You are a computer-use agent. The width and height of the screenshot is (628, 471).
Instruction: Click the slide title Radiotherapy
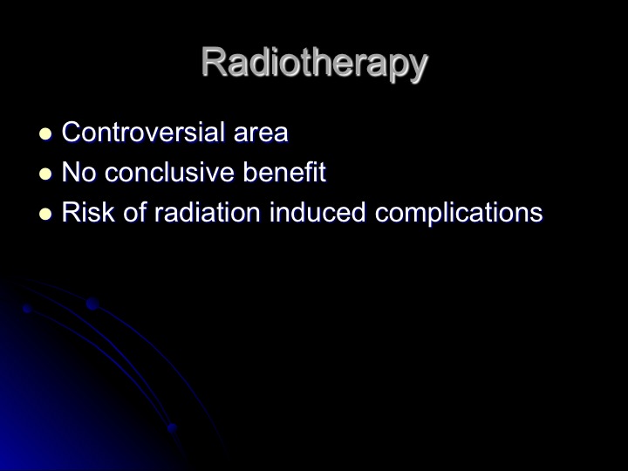point(315,64)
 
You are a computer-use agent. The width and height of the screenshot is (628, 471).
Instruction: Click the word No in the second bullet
point(78,172)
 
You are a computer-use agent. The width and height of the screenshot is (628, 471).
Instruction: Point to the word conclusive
point(169,172)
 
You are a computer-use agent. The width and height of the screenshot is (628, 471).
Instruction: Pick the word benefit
point(284,172)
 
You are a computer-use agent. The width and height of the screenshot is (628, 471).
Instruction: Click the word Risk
point(88,212)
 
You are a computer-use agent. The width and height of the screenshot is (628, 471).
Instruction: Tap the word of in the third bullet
point(134,211)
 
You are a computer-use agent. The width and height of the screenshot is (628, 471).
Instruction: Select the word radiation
point(208,212)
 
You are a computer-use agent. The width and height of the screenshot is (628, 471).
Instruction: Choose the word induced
point(317,212)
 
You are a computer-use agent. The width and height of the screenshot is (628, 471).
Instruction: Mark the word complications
point(459,213)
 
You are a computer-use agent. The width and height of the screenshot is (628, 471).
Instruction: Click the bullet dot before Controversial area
point(45,133)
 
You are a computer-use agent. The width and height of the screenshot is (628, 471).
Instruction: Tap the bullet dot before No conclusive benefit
point(45,174)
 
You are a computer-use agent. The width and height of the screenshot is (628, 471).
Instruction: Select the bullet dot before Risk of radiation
point(45,214)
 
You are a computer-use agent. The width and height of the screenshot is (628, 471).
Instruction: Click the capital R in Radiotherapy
point(215,62)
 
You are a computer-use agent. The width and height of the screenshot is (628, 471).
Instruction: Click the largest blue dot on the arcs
point(92,304)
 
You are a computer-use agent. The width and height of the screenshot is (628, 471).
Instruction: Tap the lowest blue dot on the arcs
point(172,428)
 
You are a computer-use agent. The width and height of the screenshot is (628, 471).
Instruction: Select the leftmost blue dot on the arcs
point(27,309)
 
